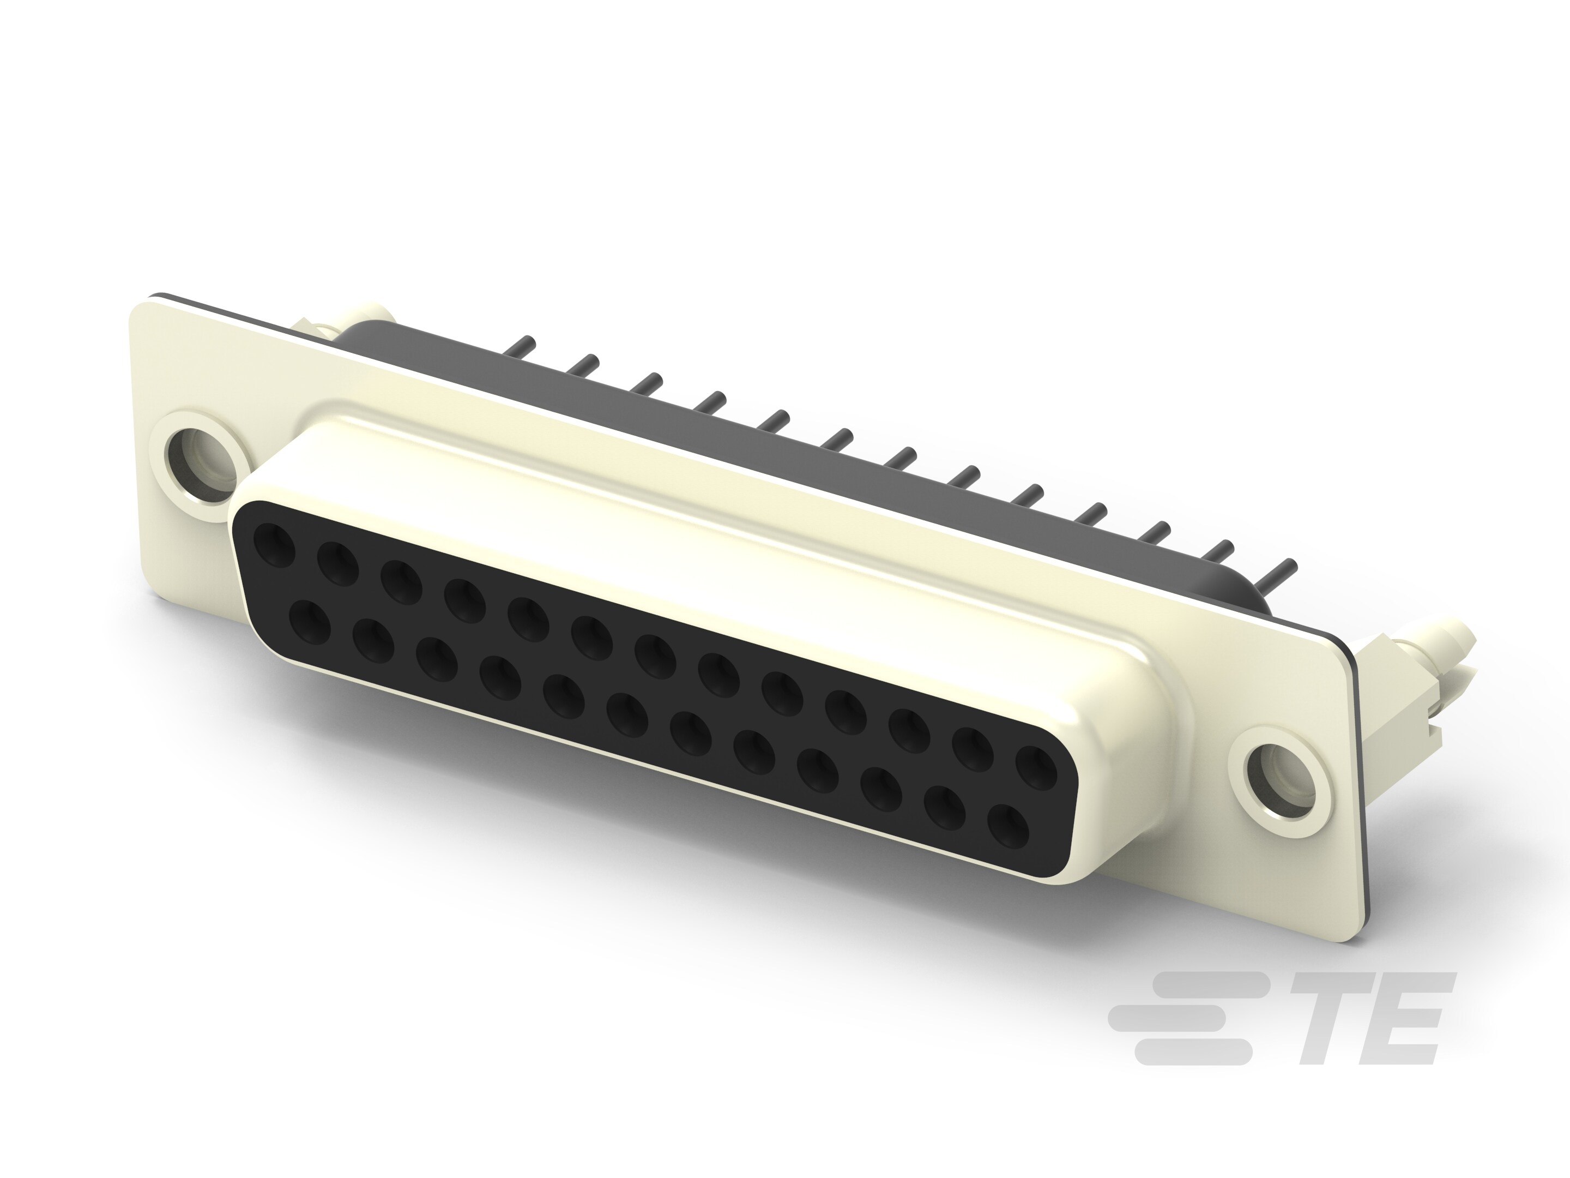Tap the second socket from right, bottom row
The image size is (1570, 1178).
pos(945,807)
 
